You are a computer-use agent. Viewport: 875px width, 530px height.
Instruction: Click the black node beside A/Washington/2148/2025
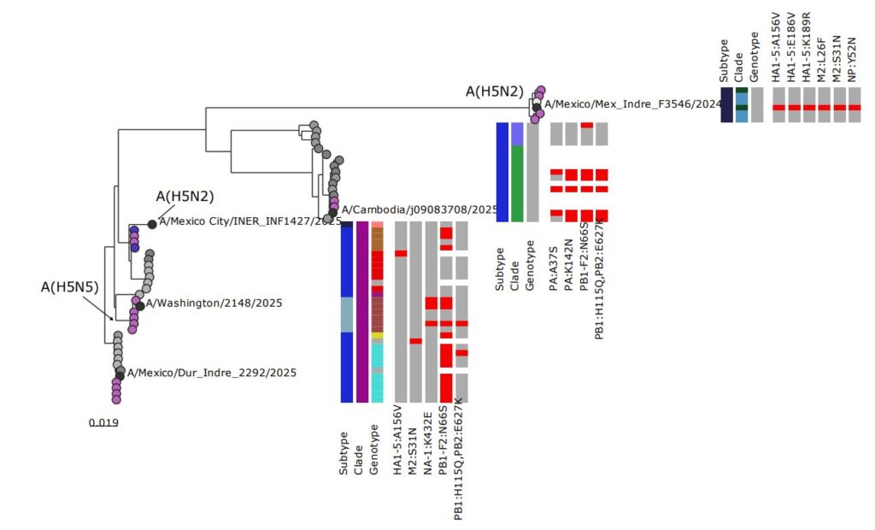(140, 305)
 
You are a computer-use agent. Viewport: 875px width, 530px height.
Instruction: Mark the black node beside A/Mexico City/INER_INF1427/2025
(152, 224)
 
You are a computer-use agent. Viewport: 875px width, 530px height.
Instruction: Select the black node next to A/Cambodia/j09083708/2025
(333, 213)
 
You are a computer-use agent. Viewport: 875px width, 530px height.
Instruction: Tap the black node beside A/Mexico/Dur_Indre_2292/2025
(120, 375)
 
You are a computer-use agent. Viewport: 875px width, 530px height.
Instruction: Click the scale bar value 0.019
(103, 421)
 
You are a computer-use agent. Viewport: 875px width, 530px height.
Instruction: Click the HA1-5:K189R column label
(807, 50)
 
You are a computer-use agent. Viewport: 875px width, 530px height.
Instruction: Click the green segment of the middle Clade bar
(516, 183)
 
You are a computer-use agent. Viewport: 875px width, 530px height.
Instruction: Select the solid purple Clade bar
(362, 311)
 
